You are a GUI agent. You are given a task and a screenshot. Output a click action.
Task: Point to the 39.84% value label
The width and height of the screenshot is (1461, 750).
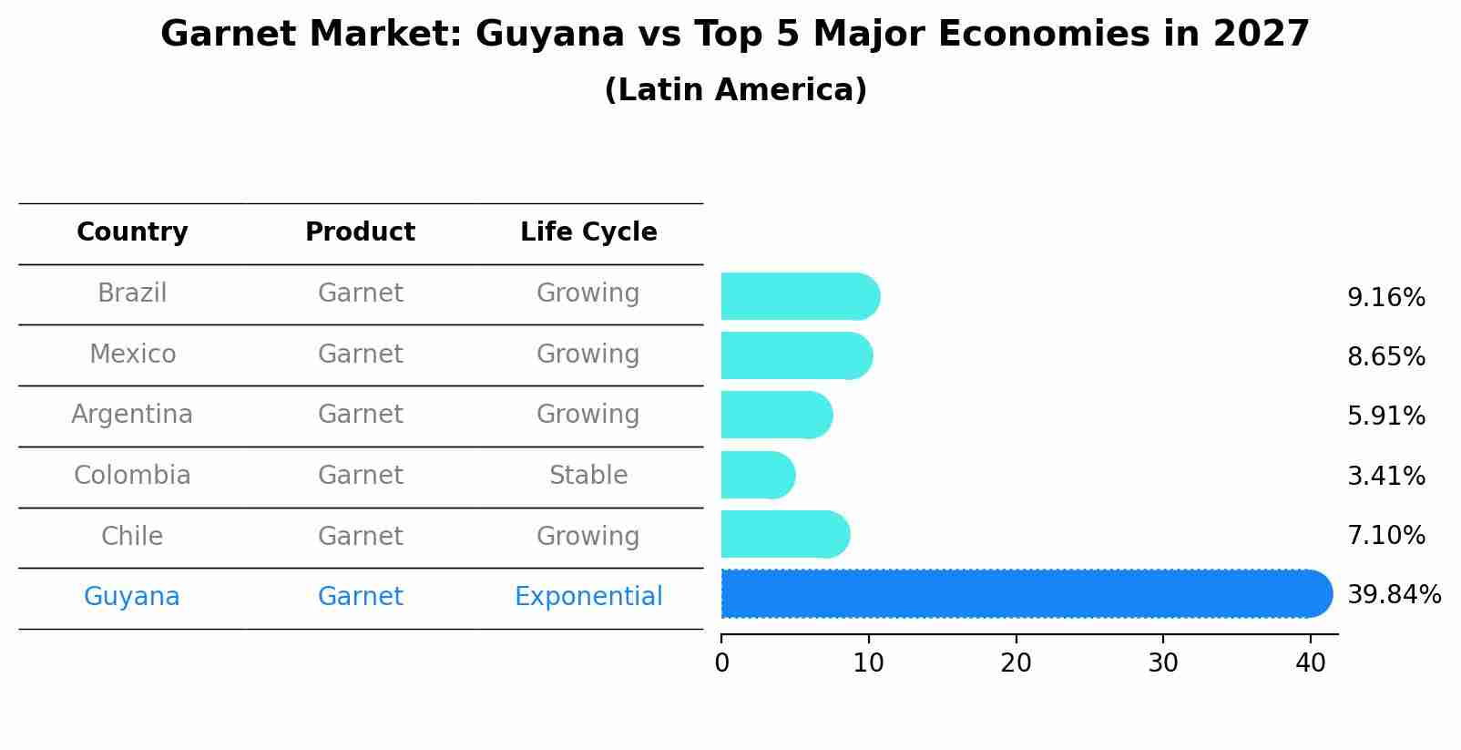[1394, 595]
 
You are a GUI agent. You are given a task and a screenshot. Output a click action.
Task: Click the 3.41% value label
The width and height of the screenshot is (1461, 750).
[1385, 476]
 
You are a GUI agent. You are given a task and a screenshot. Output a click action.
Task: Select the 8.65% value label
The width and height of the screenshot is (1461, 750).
[1385, 356]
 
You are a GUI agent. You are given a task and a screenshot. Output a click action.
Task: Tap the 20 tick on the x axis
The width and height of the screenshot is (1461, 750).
[1016, 663]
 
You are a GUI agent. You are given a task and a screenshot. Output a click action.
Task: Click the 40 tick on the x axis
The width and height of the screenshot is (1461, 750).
[1310, 663]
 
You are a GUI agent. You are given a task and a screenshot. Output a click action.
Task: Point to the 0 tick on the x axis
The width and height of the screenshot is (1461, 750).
[722, 663]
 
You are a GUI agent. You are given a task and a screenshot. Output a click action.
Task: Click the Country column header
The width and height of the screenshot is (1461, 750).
[132, 232]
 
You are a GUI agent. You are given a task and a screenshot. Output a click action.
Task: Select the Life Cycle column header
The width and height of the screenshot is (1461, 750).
[588, 232]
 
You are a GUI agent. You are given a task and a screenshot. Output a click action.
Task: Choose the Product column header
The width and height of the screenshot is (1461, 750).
[360, 232]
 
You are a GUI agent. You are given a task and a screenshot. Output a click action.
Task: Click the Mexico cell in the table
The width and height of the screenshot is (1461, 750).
[132, 354]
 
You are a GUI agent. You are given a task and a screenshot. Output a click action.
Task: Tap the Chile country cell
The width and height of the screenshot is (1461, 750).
[132, 536]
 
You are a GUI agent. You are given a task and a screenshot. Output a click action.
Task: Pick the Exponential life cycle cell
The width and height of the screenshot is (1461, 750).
[588, 597]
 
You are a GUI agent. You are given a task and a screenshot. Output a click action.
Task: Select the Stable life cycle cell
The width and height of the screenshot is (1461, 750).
[588, 476]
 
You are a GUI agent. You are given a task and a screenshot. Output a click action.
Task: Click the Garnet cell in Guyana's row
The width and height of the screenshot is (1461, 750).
[360, 597]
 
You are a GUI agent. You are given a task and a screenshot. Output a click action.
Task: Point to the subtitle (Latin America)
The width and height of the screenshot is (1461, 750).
[735, 90]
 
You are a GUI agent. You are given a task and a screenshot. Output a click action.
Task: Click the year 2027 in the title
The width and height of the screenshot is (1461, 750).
[1261, 35]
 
